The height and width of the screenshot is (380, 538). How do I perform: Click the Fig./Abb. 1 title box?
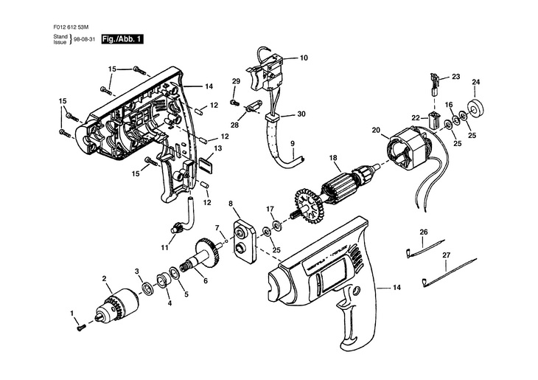[x=122, y=38]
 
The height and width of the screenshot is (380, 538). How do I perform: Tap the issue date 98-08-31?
[x=84, y=39]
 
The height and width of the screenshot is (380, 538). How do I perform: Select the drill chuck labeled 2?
[x=121, y=302]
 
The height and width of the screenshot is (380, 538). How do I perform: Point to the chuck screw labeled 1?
[x=82, y=325]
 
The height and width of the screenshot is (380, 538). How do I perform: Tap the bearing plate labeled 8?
[x=244, y=237]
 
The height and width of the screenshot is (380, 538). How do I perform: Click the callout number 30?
[x=301, y=114]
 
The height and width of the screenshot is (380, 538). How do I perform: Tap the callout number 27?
[x=446, y=255]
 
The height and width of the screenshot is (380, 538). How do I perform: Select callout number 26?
[x=424, y=232]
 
